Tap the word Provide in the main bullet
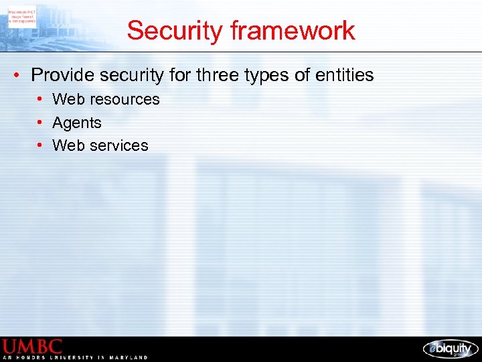[x=60, y=75]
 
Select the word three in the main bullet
[x=220, y=75]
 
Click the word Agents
[x=77, y=123]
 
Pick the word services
[x=117, y=145]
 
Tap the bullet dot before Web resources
[x=41, y=99]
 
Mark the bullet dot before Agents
[x=41, y=123]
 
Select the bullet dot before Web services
[x=41, y=145]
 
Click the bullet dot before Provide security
[x=16, y=75]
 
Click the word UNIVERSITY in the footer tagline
[x=74, y=358]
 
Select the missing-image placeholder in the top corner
[x=22, y=15]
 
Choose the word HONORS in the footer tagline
[x=32, y=358]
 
